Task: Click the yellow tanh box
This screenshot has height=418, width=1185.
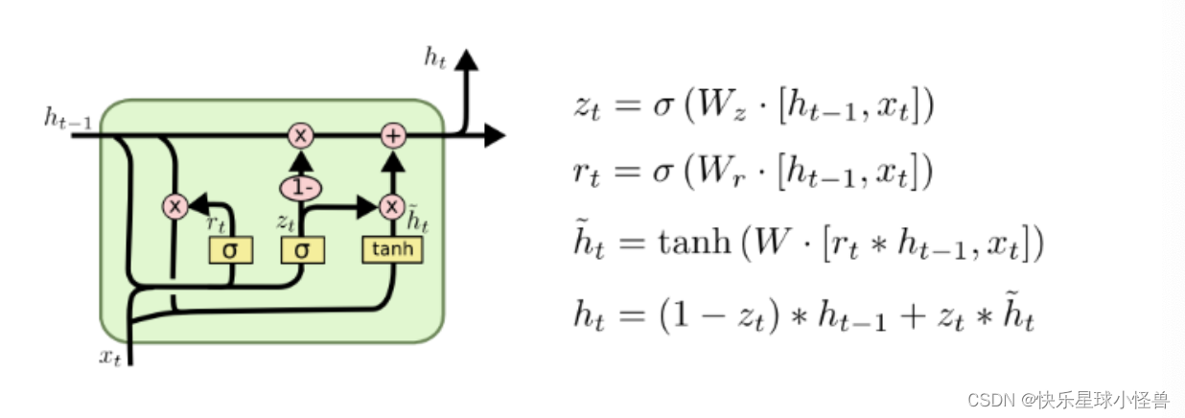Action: coord(391,250)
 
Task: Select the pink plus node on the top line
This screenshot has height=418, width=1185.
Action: coord(392,136)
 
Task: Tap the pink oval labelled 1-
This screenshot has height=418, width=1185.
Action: coord(301,188)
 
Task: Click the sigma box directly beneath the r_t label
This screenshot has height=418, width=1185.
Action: coord(230,250)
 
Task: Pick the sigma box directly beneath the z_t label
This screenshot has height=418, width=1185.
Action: coord(302,250)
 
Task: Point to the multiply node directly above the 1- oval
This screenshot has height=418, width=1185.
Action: coord(301,136)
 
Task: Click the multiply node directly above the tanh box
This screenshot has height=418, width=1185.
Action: coord(391,205)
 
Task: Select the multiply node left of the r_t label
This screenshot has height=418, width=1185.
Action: coord(174,205)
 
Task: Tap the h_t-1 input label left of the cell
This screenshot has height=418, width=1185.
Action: coord(67,118)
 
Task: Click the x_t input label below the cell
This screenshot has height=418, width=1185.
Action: coord(110,357)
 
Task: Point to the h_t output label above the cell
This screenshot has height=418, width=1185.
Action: coord(436,58)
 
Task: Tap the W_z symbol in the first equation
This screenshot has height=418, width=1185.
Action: coord(712,107)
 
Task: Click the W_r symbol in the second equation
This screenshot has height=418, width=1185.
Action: coord(711,174)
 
